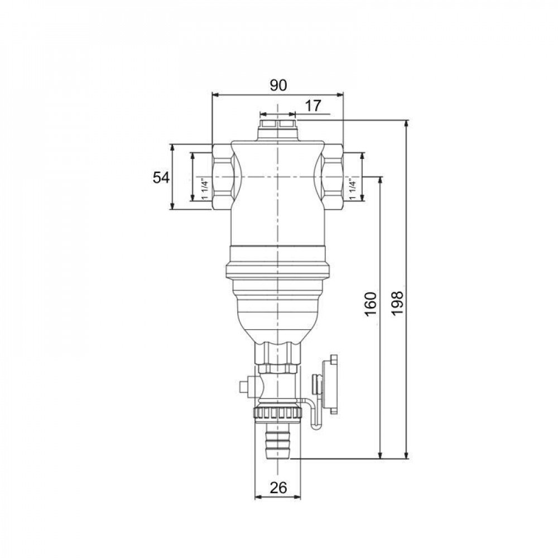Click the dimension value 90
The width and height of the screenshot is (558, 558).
tap(278, 85)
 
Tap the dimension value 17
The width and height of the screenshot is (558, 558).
tap(313, 105)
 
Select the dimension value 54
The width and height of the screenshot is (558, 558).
tap(161, 177)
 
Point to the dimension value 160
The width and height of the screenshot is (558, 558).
tap(371, 304)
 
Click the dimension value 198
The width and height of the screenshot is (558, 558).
tap(397, 303)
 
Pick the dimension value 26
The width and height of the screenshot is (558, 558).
tap(278, 488)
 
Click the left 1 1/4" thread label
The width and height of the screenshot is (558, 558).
tap(204, 189)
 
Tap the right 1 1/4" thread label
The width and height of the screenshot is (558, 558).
tap(353, 189)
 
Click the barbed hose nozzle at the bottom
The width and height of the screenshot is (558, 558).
tap(278, 441)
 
